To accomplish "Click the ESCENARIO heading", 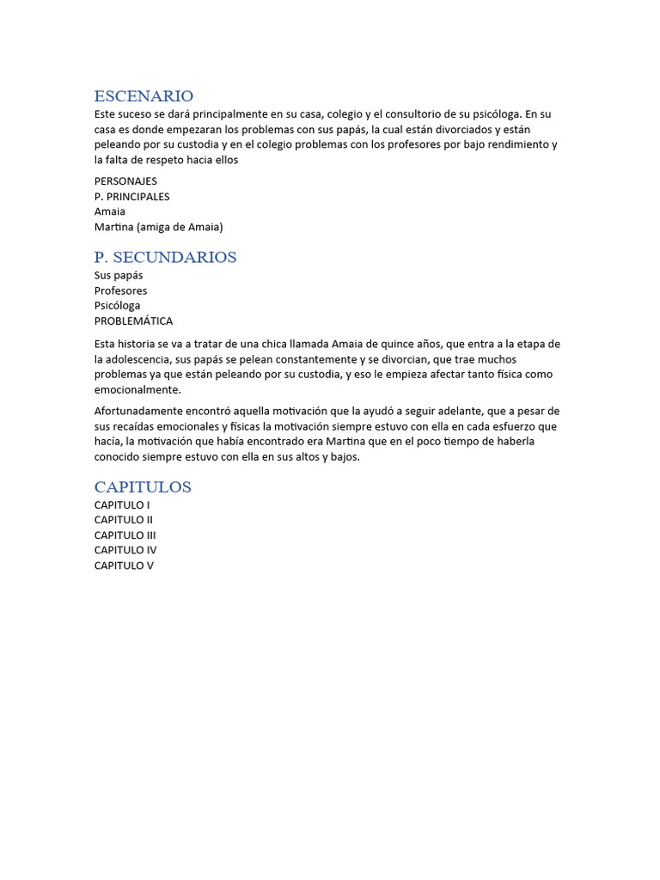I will click(144, 96).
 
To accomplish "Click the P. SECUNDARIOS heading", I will click(165, 257).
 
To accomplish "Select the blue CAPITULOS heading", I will click(143, 487).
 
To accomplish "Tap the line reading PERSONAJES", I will click(125, 181).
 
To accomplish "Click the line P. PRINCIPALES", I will click(131, 197).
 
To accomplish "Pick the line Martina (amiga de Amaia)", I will click(158, 227).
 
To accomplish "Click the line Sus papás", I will click(119, 276).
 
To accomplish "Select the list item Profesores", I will click(120, 290).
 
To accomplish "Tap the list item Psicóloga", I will click(117, 305).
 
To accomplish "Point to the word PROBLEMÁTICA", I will click(133, 321).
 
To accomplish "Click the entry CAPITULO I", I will click(122, 505).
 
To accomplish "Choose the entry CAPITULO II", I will click(124, 520).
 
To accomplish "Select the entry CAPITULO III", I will click(125, 535).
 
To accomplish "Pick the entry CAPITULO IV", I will click(125, 550).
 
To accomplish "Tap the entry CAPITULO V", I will click(124, 565).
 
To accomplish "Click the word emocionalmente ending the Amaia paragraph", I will click(137, 389).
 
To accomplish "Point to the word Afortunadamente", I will click(139, 411).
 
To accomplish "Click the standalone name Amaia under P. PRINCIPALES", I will click(109, 211).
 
